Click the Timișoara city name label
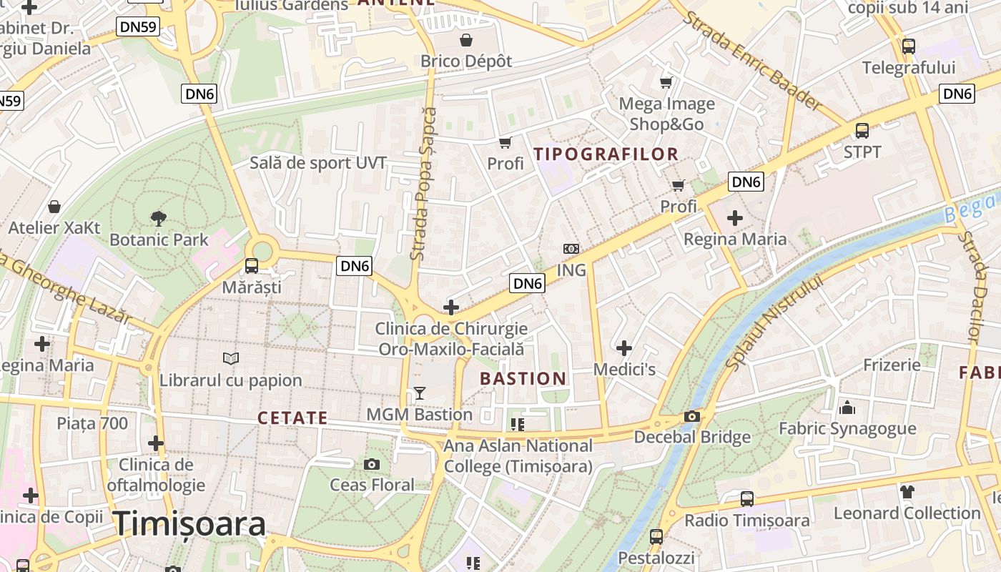[x=189, y=524]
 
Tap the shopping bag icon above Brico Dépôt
[x=466, y=39]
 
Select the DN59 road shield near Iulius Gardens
[x=137, y=27]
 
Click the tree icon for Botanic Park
[x=158, y=218]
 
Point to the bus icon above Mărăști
[x=252, y=266]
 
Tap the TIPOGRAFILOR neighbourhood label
[x=606, y=154]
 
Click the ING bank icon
[x=571, y=249]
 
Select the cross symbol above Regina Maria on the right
[x=734, y=217]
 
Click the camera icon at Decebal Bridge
[x=691, y=416]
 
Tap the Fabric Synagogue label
[x=847, y=428]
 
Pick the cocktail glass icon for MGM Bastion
[x=419, y=393]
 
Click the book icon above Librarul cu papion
[x=230, y=358]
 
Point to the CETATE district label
[x=292, y=418]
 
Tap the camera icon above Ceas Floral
[x=371, y=465]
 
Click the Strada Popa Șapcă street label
[x=423, y=183]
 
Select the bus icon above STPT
[x=862, y=131]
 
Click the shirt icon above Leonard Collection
[x=907, y=491]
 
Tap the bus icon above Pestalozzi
[x=656, y=536]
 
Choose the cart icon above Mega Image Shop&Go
[x=666, y=83]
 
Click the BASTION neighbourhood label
[x=523, y=378]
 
